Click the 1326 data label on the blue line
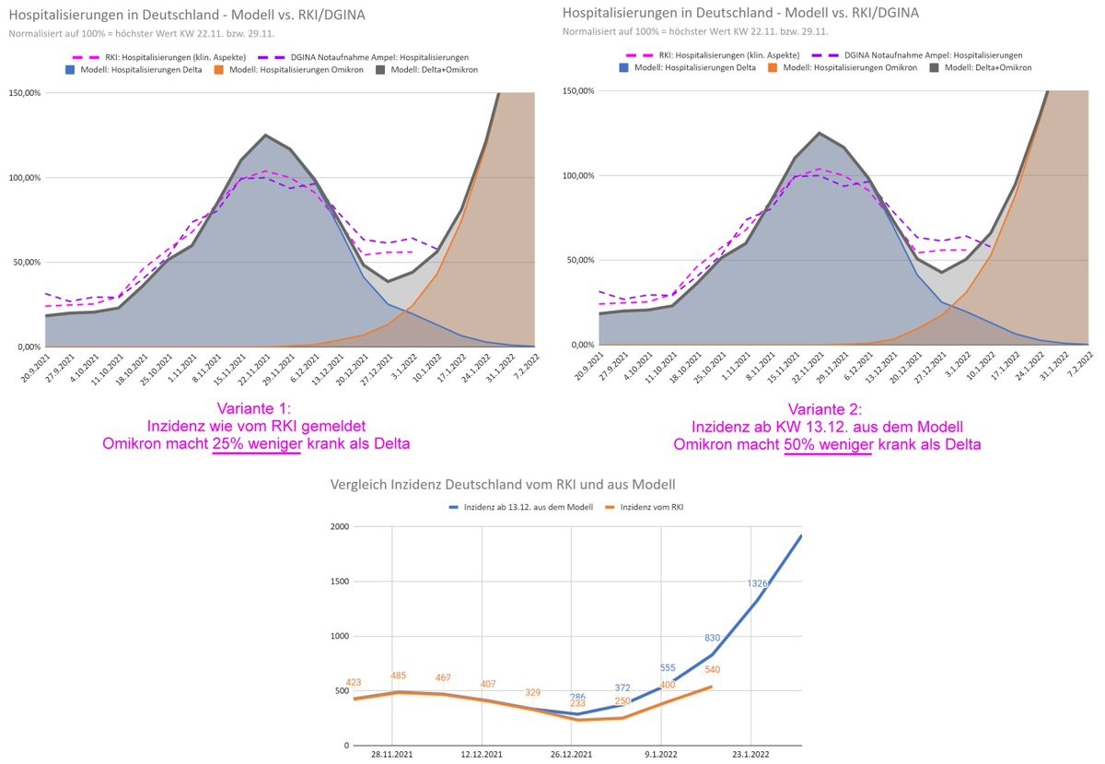(758, 583)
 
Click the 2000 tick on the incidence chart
(340, 527)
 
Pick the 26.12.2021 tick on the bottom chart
(571, 753)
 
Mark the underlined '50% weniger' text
(827, 444)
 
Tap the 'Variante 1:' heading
(257, 409)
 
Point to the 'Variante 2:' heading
(827, 409)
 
